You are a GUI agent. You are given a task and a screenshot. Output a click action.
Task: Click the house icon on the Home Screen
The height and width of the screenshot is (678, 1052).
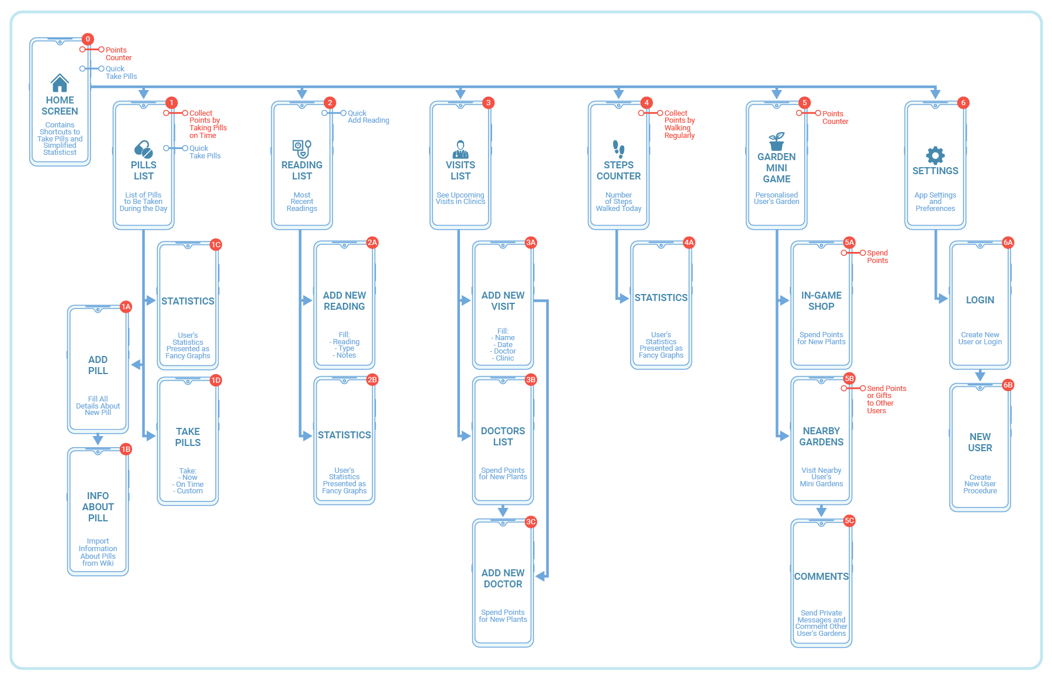coord(60,83)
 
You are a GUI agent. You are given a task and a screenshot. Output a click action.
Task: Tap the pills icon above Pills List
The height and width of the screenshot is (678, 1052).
coord(144,149)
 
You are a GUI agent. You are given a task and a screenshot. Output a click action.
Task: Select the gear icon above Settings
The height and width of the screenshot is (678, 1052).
coord(935,155)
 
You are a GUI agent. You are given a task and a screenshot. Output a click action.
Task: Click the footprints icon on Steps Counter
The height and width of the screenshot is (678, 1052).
coord(618,149)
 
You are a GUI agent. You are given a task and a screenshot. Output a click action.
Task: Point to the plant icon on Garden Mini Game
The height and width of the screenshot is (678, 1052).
coord(777,141)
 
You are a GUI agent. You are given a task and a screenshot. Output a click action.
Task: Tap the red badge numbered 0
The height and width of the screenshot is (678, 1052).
coord(88,39)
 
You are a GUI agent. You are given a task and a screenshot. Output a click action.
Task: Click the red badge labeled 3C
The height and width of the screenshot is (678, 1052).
coord(531,522)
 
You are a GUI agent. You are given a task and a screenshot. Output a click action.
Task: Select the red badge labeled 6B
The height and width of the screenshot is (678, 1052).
coord(1008,385)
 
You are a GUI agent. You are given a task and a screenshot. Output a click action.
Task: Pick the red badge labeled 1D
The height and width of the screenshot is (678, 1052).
coord(216,380)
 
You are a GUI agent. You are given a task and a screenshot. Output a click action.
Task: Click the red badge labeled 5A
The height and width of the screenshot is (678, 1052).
coord(849,243)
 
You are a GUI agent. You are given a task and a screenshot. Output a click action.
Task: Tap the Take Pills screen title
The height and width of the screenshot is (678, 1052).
coord(188,437)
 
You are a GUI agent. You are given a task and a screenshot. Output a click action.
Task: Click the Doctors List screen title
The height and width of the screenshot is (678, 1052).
coord(503,437)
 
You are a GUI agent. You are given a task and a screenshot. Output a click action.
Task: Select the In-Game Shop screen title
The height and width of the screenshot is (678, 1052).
coord(821,301)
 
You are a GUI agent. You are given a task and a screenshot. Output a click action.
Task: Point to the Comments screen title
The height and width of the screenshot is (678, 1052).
coord(821,576)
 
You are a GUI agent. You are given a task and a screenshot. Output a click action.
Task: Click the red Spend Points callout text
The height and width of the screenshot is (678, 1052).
coord(877,257)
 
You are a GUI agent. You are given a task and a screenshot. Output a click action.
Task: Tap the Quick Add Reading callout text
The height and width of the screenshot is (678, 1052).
coord(368,117)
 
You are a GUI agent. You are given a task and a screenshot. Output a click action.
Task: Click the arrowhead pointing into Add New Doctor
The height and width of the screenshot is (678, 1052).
coord(541,576)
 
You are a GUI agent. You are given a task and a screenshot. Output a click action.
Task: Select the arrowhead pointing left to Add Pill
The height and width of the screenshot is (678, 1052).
coord(136,365)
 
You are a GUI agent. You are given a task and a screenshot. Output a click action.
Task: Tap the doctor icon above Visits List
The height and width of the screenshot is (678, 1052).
coord(461,149)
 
